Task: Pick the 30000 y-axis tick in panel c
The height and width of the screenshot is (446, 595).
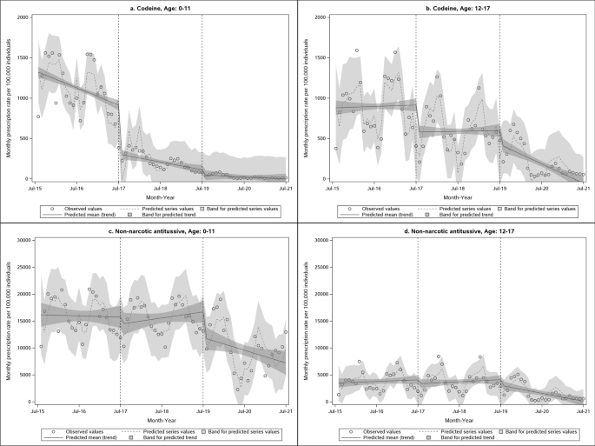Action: (20, 240)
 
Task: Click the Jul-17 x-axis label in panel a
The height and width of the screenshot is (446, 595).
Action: (119, 187)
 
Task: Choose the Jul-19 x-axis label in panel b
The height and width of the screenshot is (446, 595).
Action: (500, 187)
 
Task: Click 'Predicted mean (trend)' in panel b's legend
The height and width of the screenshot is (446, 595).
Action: (377, 216)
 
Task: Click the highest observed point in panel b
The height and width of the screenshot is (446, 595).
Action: (357, 50)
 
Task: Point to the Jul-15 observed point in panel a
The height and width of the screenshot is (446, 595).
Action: (38, 116)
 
